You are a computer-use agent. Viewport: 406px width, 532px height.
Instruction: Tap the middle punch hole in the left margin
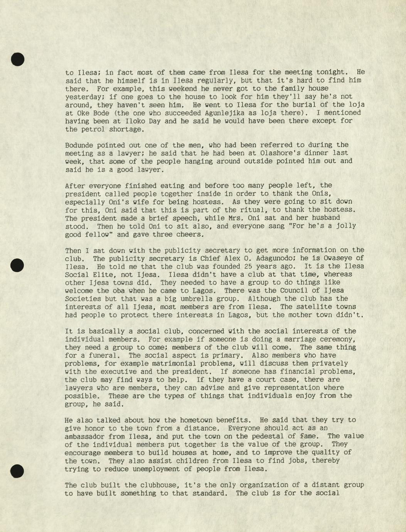click(17, 265)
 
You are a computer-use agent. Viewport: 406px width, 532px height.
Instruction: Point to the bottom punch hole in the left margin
click(17, 471)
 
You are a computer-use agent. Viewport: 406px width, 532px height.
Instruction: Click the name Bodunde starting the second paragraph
click(79, 145)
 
